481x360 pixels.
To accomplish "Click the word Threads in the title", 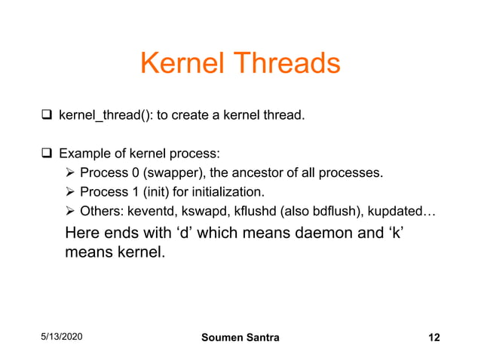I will pos(286,63).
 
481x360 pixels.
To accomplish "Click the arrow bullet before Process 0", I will pos(71,172).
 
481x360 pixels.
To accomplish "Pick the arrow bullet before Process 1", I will pos(71,191).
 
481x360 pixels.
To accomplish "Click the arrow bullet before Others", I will pos(71,210).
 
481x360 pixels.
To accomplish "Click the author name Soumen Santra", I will pos(240,337).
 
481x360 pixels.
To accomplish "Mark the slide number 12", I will pos(434,337).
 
